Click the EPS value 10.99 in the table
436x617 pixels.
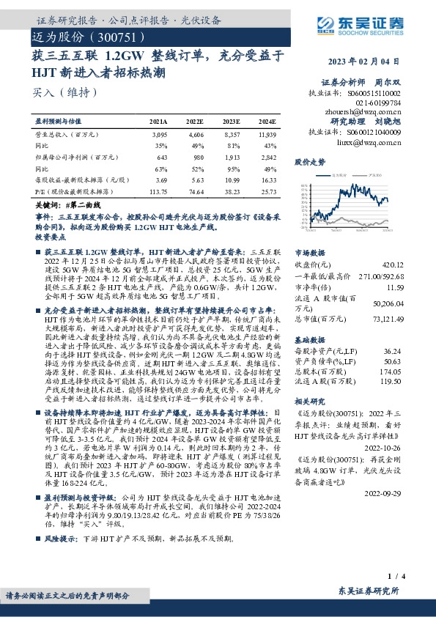pyautogui.click(x=232, y=180)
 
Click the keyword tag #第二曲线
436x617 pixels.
pyautogui.click(x=82, y=208)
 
